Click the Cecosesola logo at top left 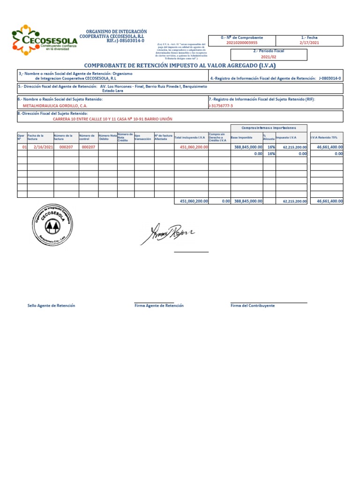pos(44,39)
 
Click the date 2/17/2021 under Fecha pos(309,43)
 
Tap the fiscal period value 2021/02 pos(269,56)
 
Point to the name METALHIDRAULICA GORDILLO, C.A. pos(55,105)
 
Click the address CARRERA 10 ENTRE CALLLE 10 pos(112,119)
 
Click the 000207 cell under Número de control pos(88,147)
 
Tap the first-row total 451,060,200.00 pos(194,147)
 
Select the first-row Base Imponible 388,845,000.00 pos(248,147)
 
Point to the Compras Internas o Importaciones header pos(269,128)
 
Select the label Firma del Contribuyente pos(253,306)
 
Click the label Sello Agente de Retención pos(51,306)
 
